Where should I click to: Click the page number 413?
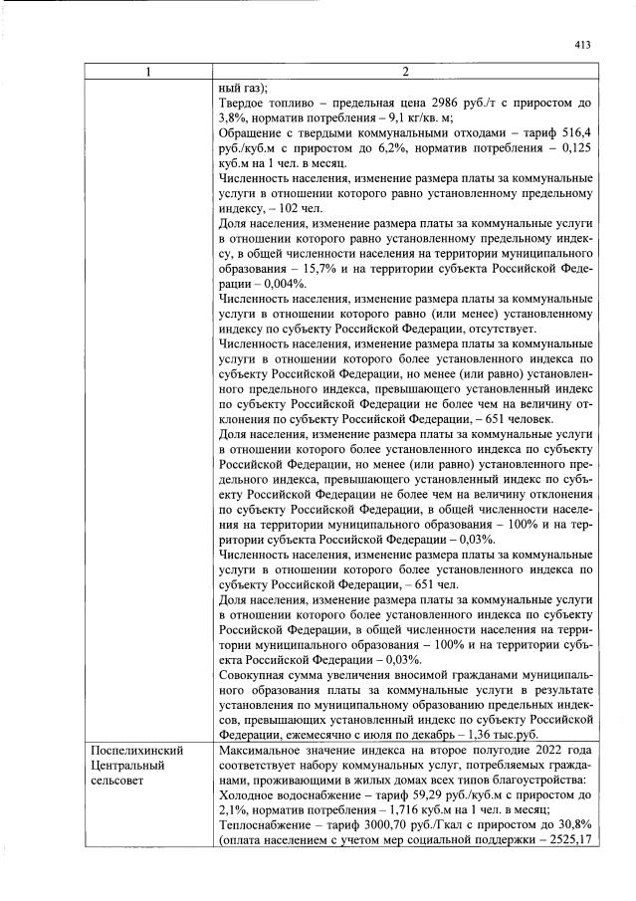click(583, 45)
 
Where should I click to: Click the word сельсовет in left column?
click(120, 780)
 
